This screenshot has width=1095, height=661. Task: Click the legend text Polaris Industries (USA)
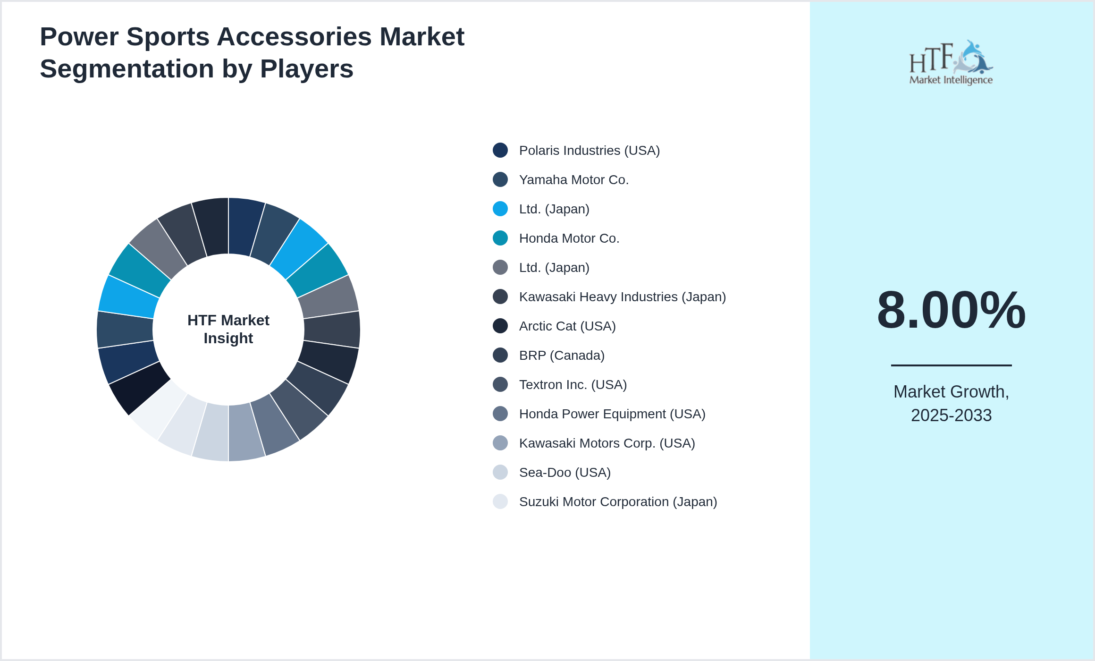coord(589,151)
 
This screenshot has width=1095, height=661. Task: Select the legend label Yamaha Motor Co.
coord(573,180)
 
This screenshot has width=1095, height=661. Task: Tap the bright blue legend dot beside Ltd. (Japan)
coord(500,209)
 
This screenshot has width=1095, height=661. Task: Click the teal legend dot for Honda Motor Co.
coord(500,238)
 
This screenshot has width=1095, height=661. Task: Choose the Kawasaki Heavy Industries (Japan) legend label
coord(622,297)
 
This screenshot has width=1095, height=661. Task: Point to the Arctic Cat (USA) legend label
coord(567,326)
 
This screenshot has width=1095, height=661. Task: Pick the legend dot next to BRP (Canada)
coord(500,355)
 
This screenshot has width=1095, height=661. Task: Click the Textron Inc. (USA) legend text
coord(573,385)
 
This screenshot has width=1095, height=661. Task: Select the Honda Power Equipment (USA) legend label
coord(612,414)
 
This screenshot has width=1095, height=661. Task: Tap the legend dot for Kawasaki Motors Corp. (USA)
coord(500,443)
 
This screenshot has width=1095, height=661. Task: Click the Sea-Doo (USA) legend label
coord(564,473)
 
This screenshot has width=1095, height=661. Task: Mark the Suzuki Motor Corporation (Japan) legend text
coord(618,502)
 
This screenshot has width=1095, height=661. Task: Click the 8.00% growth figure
coord(951,310)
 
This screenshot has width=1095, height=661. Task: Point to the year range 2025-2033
coord(951,415)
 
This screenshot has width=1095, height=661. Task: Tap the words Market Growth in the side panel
coord(951,392)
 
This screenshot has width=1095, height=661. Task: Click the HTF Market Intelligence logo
coord(951,63)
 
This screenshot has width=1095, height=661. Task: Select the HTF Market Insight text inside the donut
coord(228,329)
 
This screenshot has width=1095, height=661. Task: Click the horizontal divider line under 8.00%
coord(951,365)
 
